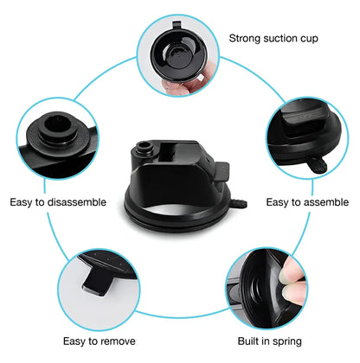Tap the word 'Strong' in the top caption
[x=245, y=38]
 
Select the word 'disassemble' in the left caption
[x=77, y=202]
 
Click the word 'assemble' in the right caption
[x=325, y=202]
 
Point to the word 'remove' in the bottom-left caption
[x=119, y=341]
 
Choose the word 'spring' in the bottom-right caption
[x=286, y=341]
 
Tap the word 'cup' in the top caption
[x=309, y=39]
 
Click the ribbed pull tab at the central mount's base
[x=238, y=203]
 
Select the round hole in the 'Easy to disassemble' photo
[x=58, y=124]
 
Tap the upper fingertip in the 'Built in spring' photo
[x=292, y=270]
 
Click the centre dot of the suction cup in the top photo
[x=178, y=54]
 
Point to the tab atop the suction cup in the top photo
[x=177, y=25]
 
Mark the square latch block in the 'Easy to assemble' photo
[x=300, y=119]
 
